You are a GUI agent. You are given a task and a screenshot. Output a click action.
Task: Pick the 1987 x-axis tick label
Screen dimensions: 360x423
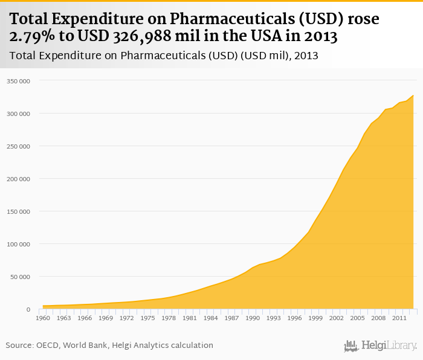point(231,318)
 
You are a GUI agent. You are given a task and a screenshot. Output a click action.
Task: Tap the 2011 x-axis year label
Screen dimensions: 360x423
point(399,318)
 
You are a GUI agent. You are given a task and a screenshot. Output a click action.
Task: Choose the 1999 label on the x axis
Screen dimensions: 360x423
point(315,318)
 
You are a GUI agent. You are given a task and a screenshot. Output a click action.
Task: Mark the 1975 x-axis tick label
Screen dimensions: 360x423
point(147,318)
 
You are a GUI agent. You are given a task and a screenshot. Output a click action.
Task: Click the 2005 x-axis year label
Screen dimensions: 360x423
point(358,318)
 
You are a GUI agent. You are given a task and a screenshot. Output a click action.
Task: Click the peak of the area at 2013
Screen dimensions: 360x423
point(413,95)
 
